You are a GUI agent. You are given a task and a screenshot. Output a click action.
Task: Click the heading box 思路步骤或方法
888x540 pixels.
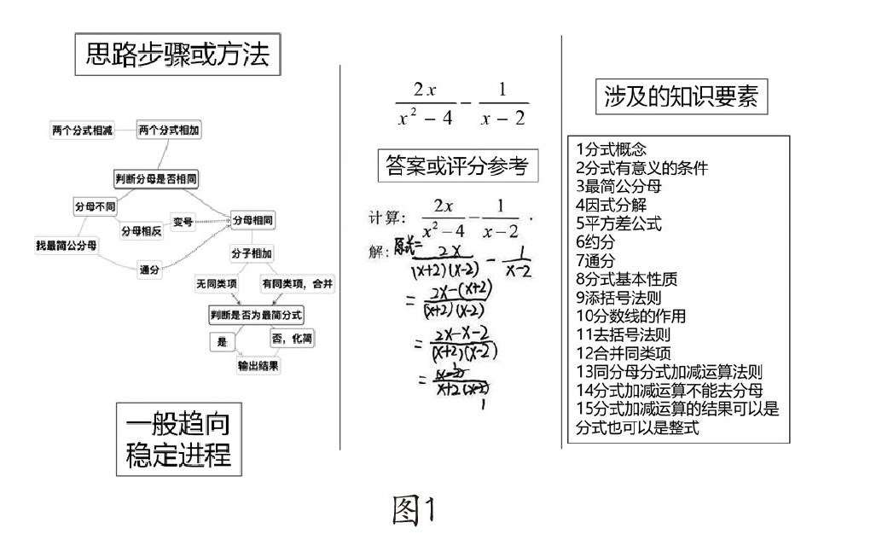(x=178, y=55)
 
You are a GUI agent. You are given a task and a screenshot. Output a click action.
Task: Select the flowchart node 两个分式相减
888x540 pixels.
(x=82, y=130)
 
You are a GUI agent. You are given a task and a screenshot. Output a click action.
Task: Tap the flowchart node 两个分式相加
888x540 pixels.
(x=170, y=130)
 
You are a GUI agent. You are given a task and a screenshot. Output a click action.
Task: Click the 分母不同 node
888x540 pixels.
(x=95, y=206)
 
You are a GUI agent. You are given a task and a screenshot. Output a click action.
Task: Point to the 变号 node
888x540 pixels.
(x=183, y=222)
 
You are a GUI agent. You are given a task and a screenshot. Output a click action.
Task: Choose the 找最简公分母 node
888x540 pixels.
(x=66, y=246)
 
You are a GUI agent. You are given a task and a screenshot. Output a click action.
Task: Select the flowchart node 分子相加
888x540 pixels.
(x=252, y=253)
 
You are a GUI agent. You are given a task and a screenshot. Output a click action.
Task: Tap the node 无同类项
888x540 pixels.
(x=217, y=283)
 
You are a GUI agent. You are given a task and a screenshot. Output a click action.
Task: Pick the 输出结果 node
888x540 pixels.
(x=258, y=365)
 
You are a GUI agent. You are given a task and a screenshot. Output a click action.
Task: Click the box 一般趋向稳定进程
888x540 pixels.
(x=178, y=439)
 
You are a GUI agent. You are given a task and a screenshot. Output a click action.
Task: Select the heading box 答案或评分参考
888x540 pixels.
(x=458, y=165)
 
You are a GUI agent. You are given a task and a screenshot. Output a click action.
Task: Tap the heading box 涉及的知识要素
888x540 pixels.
(x=680, y=97)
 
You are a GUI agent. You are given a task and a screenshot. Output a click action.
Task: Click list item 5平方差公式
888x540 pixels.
(x=618, y=224)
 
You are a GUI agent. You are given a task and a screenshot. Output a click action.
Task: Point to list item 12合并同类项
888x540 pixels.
(x=624, y=353)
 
